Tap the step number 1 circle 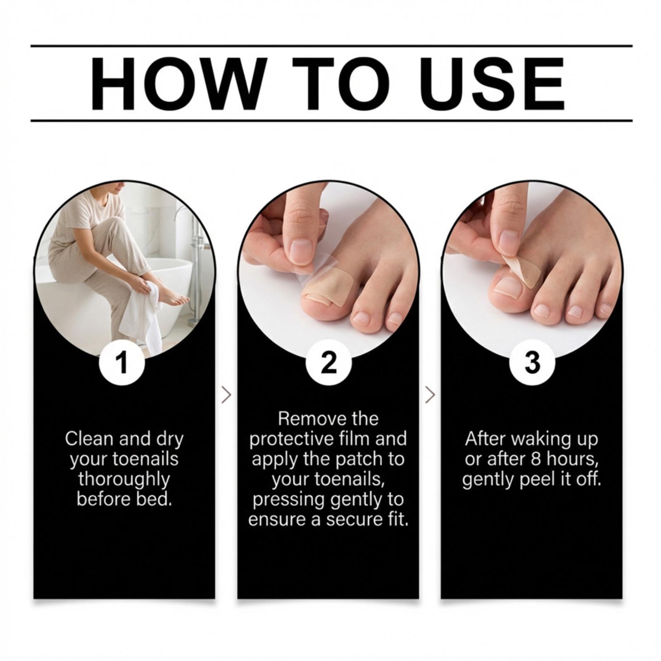[122, 362]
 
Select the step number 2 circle [329, 362]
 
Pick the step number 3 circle [532, 362]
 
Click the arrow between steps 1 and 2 [226, 395]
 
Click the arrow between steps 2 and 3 [430, 395]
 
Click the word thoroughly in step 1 [124, 479]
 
